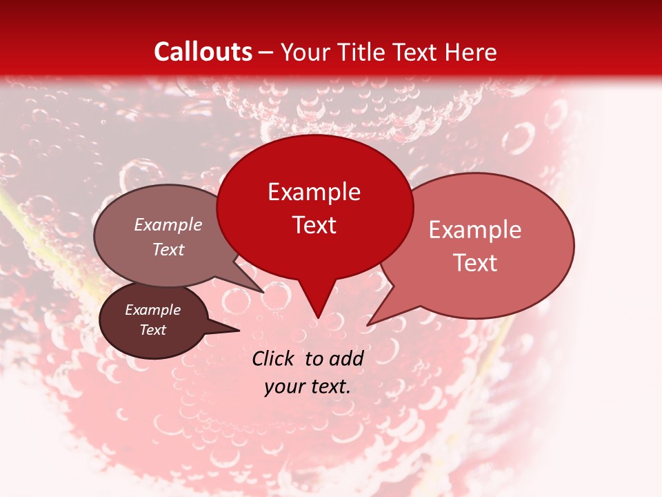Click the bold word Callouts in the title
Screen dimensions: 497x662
coord(203,52)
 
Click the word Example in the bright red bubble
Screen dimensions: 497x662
coord(314,192)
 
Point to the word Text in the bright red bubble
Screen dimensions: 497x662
coord(314,225)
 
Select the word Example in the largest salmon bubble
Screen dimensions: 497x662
coord(475,230)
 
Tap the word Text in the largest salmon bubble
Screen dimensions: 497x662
coord(475,263)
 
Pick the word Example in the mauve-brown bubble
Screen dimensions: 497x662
coord(168,224)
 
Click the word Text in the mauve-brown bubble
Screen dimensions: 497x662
coord(168,249)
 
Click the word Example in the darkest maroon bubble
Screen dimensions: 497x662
coord(153,310)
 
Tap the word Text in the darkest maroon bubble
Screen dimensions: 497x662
coord(153,330)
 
